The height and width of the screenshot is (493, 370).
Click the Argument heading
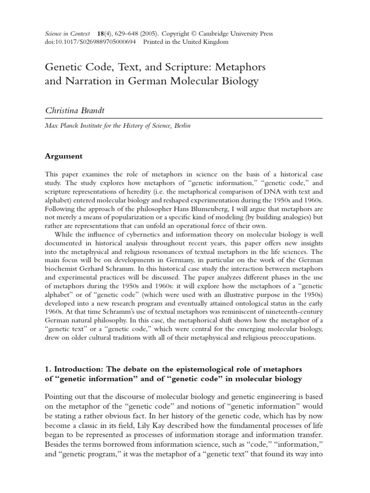click(x=64, y=156)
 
